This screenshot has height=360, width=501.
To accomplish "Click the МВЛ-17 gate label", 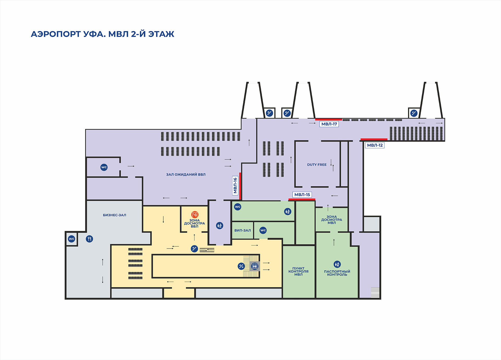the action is point(329,124).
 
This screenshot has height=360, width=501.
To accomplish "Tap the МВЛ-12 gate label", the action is point(375,145).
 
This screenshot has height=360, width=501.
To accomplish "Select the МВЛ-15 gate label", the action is point(302,194).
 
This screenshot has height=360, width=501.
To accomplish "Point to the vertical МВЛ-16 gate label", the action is point(235,185).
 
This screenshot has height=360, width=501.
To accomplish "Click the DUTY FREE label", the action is point(317,165).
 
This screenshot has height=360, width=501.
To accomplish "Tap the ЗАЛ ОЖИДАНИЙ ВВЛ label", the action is point(186,174).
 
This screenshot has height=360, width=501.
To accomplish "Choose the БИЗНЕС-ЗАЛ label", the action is point(115,215).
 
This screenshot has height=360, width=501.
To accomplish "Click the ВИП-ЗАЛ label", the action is point(242,230).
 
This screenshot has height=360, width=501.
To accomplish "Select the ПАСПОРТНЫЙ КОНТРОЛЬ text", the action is point(337,273).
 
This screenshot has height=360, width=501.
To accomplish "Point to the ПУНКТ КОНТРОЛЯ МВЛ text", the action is point(298,272).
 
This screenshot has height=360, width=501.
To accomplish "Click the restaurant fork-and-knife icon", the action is point(90,239).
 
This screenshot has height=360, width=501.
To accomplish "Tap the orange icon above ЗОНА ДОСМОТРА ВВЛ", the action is point(195,215).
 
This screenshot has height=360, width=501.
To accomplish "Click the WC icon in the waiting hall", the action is point(104,167).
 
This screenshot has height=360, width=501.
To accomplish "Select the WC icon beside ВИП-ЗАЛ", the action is point(263,230).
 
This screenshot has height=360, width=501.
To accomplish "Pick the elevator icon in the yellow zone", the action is point(255,266).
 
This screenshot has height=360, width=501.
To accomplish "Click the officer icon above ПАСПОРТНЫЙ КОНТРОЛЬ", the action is point(337,264).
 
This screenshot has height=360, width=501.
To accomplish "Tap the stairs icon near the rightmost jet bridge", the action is point(414,113).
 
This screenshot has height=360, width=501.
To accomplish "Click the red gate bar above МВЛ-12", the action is point(374,139).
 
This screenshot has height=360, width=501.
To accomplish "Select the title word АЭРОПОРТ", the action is point(56,34).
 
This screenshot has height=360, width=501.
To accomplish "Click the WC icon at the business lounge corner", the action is point(71,239).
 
